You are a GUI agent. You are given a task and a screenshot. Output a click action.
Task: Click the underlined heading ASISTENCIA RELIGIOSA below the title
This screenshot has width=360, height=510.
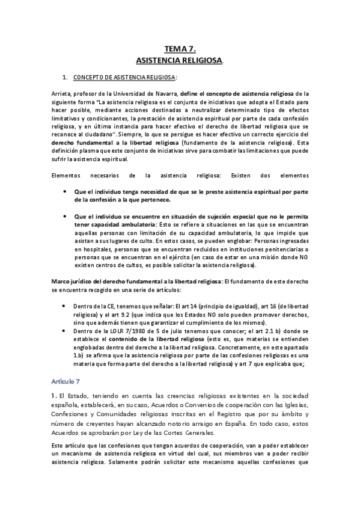pyautogui.click(x=178, y=61)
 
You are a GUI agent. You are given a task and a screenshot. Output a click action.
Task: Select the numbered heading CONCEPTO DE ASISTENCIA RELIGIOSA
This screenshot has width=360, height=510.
pyautogui.click(x=124, y=78)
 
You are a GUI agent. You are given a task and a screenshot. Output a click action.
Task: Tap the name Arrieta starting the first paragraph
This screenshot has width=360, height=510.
pyautogui.click(x=62, y=94)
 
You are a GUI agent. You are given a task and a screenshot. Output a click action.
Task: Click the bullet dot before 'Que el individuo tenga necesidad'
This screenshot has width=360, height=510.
pyautogui.click(x=66, y=190)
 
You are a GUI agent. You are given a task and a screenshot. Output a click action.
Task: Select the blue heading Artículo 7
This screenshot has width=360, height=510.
pyautogui.click(x=70, y=381)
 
